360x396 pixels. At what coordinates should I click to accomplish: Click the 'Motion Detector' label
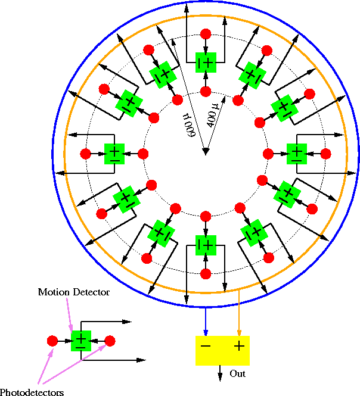[x=74, y=292]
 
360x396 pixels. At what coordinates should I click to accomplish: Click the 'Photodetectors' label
[x=32, y=392]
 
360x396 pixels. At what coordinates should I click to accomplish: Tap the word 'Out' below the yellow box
[x=238, y=374]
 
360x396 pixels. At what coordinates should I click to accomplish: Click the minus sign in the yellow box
[x=206, y=346]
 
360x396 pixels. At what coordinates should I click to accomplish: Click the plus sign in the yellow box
[x=239, y=346]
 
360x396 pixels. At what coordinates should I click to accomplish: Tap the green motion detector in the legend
[x=81, y=341]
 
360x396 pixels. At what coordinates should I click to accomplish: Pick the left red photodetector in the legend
[x=52, y=341]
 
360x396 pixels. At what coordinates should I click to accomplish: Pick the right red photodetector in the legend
[x=110, y=341]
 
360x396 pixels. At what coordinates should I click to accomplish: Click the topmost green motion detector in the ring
[x=206, y=61]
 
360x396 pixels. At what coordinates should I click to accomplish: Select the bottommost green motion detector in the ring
[x=206, y=244]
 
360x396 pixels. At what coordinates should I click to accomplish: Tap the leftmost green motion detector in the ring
[x=114, y=153]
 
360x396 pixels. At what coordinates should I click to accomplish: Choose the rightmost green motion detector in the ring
[x=297, y=153]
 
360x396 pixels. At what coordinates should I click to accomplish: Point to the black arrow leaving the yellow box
[x=222, y=373]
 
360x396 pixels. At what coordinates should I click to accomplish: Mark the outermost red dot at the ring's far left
[x=85, y=154]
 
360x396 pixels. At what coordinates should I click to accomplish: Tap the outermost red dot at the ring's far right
[x=326, y=154]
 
